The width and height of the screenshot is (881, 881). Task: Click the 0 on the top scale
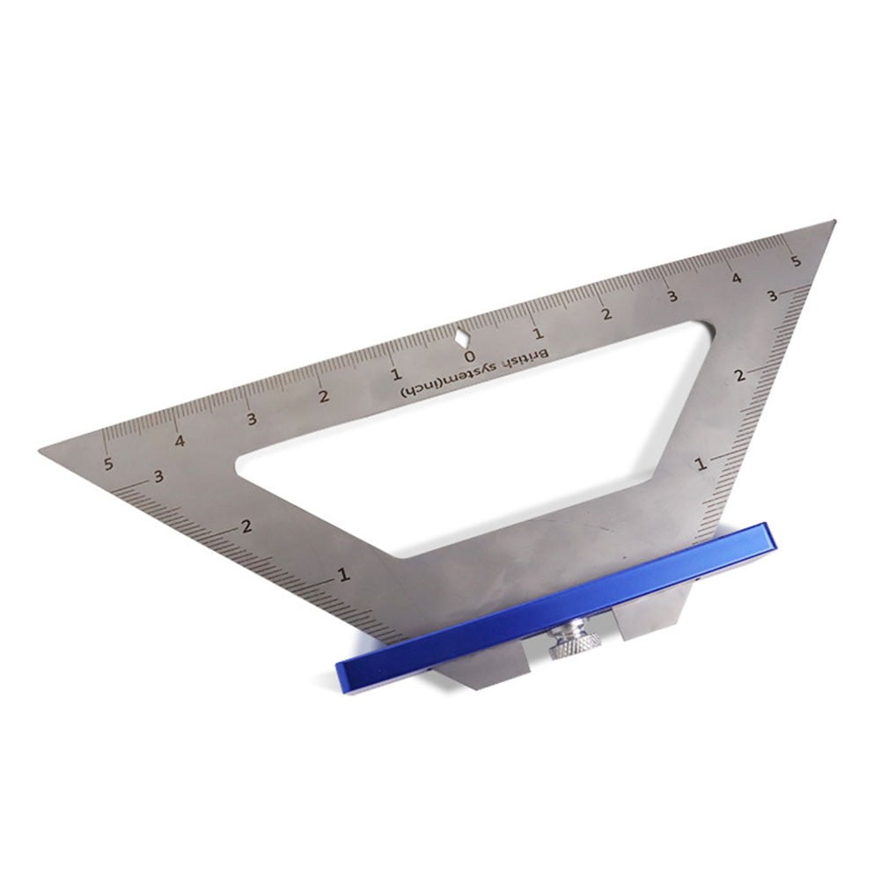469,356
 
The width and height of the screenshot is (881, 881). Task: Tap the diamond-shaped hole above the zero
461,336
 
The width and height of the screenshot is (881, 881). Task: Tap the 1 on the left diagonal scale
343,576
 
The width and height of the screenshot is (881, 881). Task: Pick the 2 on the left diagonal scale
246,526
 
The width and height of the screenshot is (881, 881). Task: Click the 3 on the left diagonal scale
158,477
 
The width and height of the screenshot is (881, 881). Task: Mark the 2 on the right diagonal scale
739,376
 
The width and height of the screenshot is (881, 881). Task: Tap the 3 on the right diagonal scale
771,297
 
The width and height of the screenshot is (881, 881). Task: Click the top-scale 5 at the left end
108,465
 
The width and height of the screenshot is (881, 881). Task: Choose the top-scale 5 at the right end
795,261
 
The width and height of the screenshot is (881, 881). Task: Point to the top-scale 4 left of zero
180,442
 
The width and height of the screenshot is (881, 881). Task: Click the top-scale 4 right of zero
736,279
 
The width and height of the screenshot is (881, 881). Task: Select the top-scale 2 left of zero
324,398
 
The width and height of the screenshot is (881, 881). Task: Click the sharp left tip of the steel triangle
42,451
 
